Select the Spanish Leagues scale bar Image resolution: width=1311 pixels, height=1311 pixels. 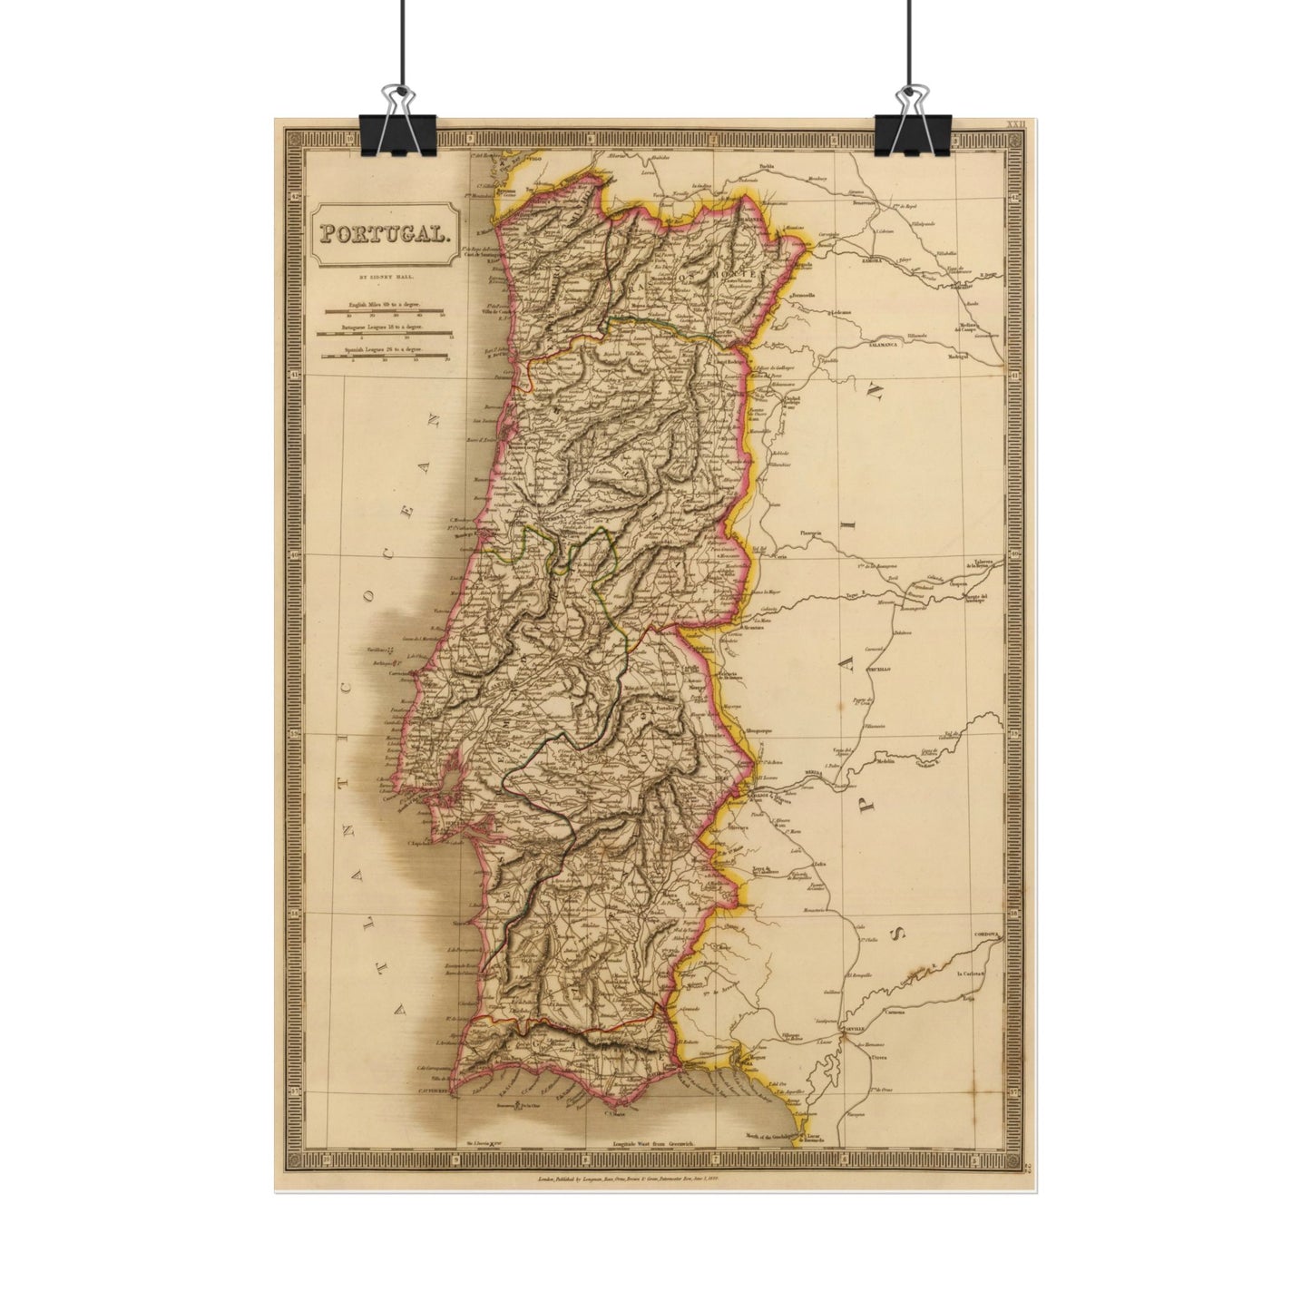[386, 357]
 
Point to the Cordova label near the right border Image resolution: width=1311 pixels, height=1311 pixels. [985, 933]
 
